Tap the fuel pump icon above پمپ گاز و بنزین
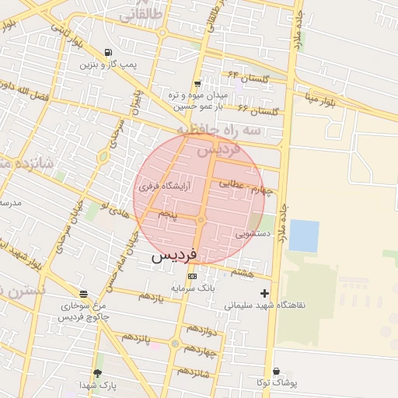(107, 52)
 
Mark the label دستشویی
(253, 232)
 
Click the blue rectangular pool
(304, 236)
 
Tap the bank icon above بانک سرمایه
(191, 277)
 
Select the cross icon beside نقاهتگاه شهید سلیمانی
(265, 294)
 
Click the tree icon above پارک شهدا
(97, 374)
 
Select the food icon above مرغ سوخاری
(83, 294)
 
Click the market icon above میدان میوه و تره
(197, 83)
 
